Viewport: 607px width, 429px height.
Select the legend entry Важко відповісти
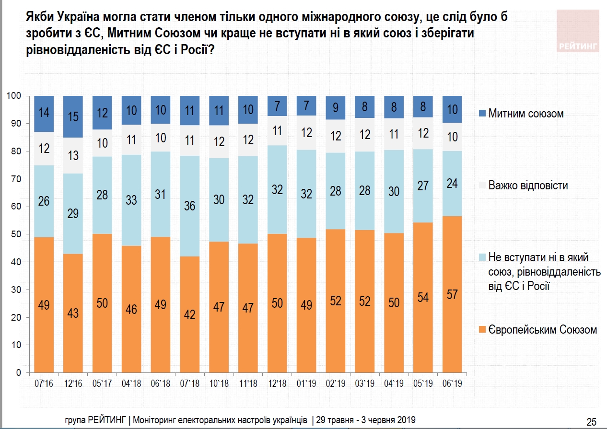click(x=527, y=185)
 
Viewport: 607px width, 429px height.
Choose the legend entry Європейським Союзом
click(x=542, y=330)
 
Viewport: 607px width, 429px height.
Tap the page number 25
click(x=591, y=421)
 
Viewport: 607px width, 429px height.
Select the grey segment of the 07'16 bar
click(x=44, y=149)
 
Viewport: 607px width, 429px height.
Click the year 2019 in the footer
click(x=406, y=419)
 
